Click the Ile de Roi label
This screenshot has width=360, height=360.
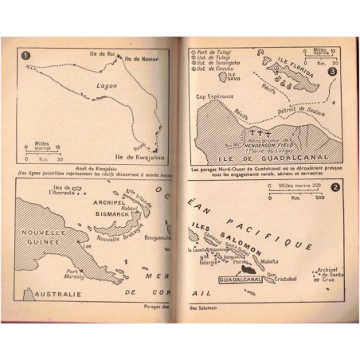(x=106, y=53)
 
